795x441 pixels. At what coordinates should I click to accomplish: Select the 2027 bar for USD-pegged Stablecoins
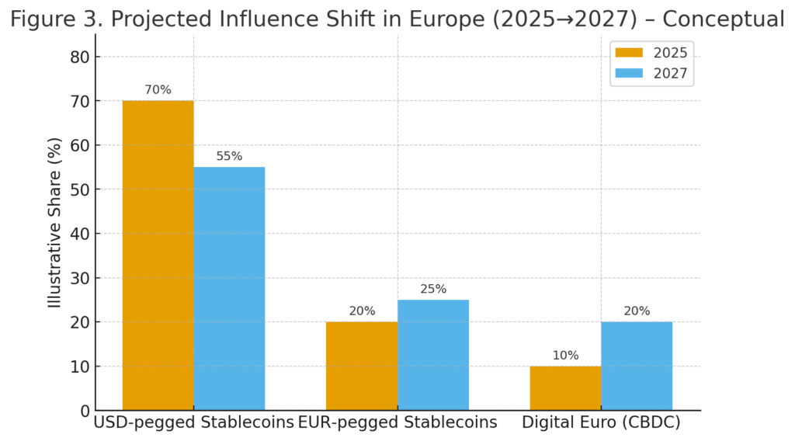tap(229, 288)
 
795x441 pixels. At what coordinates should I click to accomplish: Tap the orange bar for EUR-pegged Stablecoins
tap(362, 366)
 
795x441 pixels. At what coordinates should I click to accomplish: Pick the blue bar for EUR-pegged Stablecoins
tap(432, 355)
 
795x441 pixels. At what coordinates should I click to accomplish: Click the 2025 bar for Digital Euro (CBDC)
tap(565, 387)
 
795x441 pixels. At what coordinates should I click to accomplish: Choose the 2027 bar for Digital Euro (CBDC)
tap(637, 366)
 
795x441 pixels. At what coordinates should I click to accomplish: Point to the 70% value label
tap(158, 90)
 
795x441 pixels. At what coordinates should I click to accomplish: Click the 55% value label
tap(229, 156)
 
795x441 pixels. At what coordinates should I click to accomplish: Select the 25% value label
tap(432, 289)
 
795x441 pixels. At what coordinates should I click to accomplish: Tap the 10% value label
tap(565, 356)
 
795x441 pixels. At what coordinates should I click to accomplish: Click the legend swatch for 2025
tap(629, 53)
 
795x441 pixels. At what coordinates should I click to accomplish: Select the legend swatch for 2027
tap(629, 75)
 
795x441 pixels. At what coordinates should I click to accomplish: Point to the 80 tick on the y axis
tap(80, 57)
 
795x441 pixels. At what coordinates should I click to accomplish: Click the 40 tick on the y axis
tap(80, 234)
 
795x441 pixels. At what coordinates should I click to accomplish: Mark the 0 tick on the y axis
tap(84, 410)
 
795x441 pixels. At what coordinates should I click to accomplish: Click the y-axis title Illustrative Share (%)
tap(55, 233)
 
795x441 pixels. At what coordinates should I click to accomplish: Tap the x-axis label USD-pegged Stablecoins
tap(193, 423)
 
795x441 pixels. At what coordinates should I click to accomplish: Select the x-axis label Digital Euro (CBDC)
tap(601, 423)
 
